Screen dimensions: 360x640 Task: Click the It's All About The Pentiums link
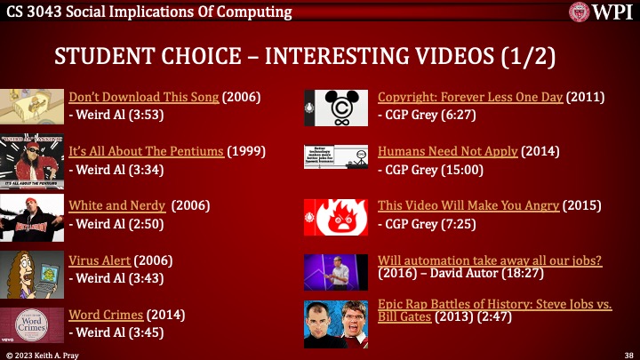146,151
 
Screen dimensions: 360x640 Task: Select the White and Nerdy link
116,205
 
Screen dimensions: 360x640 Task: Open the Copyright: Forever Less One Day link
470,97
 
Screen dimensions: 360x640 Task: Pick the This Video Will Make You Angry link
468,205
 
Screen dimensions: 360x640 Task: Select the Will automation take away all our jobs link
490,260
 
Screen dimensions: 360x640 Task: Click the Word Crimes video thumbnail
32,324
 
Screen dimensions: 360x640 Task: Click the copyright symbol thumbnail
336,108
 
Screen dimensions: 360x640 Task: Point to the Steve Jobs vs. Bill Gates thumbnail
336,324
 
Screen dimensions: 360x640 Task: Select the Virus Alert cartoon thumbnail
32,270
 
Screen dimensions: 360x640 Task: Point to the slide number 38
628,354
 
